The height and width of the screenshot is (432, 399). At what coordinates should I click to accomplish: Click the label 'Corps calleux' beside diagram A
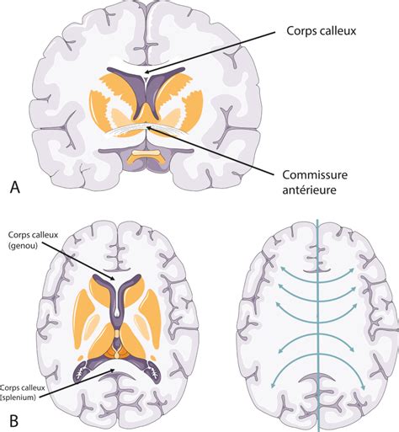[x=321, y=31]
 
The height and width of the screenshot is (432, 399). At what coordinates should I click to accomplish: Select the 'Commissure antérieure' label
[x=315, y=183]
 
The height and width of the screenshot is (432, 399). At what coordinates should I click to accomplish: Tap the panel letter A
[x=15, y=187]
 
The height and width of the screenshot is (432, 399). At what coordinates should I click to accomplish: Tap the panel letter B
[x=14, y=421]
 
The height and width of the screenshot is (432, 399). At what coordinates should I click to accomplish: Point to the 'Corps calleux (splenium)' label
[x=22, y=392]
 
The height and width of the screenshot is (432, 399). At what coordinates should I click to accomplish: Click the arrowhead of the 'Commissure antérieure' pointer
[x=149, y=128]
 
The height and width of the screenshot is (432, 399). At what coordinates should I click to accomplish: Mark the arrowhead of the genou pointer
[x=113, y=279]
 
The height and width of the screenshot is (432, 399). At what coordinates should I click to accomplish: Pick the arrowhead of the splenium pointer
[x=112, y=371]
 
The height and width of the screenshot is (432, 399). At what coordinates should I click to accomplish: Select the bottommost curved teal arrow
[x=317, y=355]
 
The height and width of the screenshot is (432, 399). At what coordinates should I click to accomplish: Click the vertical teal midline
[x=318, y=326]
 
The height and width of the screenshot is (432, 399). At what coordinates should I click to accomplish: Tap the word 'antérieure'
[x=309, y=190]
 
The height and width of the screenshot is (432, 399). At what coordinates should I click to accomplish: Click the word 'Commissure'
[x=315, y=175]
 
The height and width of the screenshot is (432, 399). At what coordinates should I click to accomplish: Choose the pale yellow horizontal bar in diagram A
[x=146, y=152]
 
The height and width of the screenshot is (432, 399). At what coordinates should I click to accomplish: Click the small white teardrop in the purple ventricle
[x=117, y=311]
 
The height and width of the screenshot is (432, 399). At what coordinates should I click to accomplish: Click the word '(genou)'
[x=23, y=247]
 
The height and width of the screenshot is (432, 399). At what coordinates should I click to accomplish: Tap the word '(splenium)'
[x=19, y=397]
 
